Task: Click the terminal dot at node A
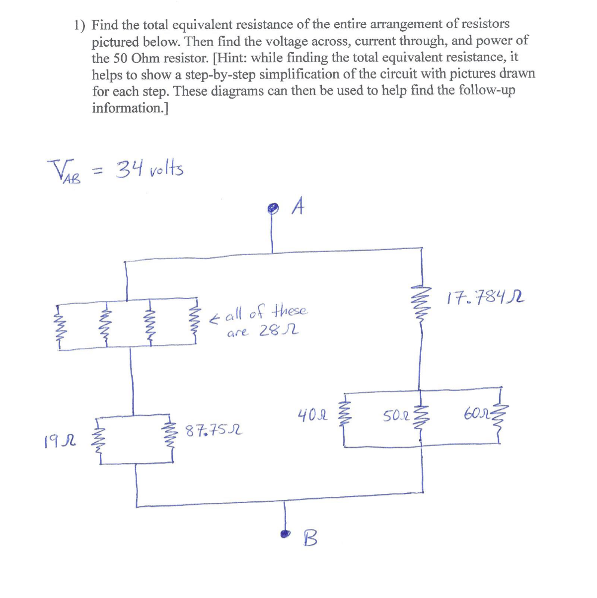272,209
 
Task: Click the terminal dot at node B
285,534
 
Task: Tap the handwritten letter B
309,537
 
